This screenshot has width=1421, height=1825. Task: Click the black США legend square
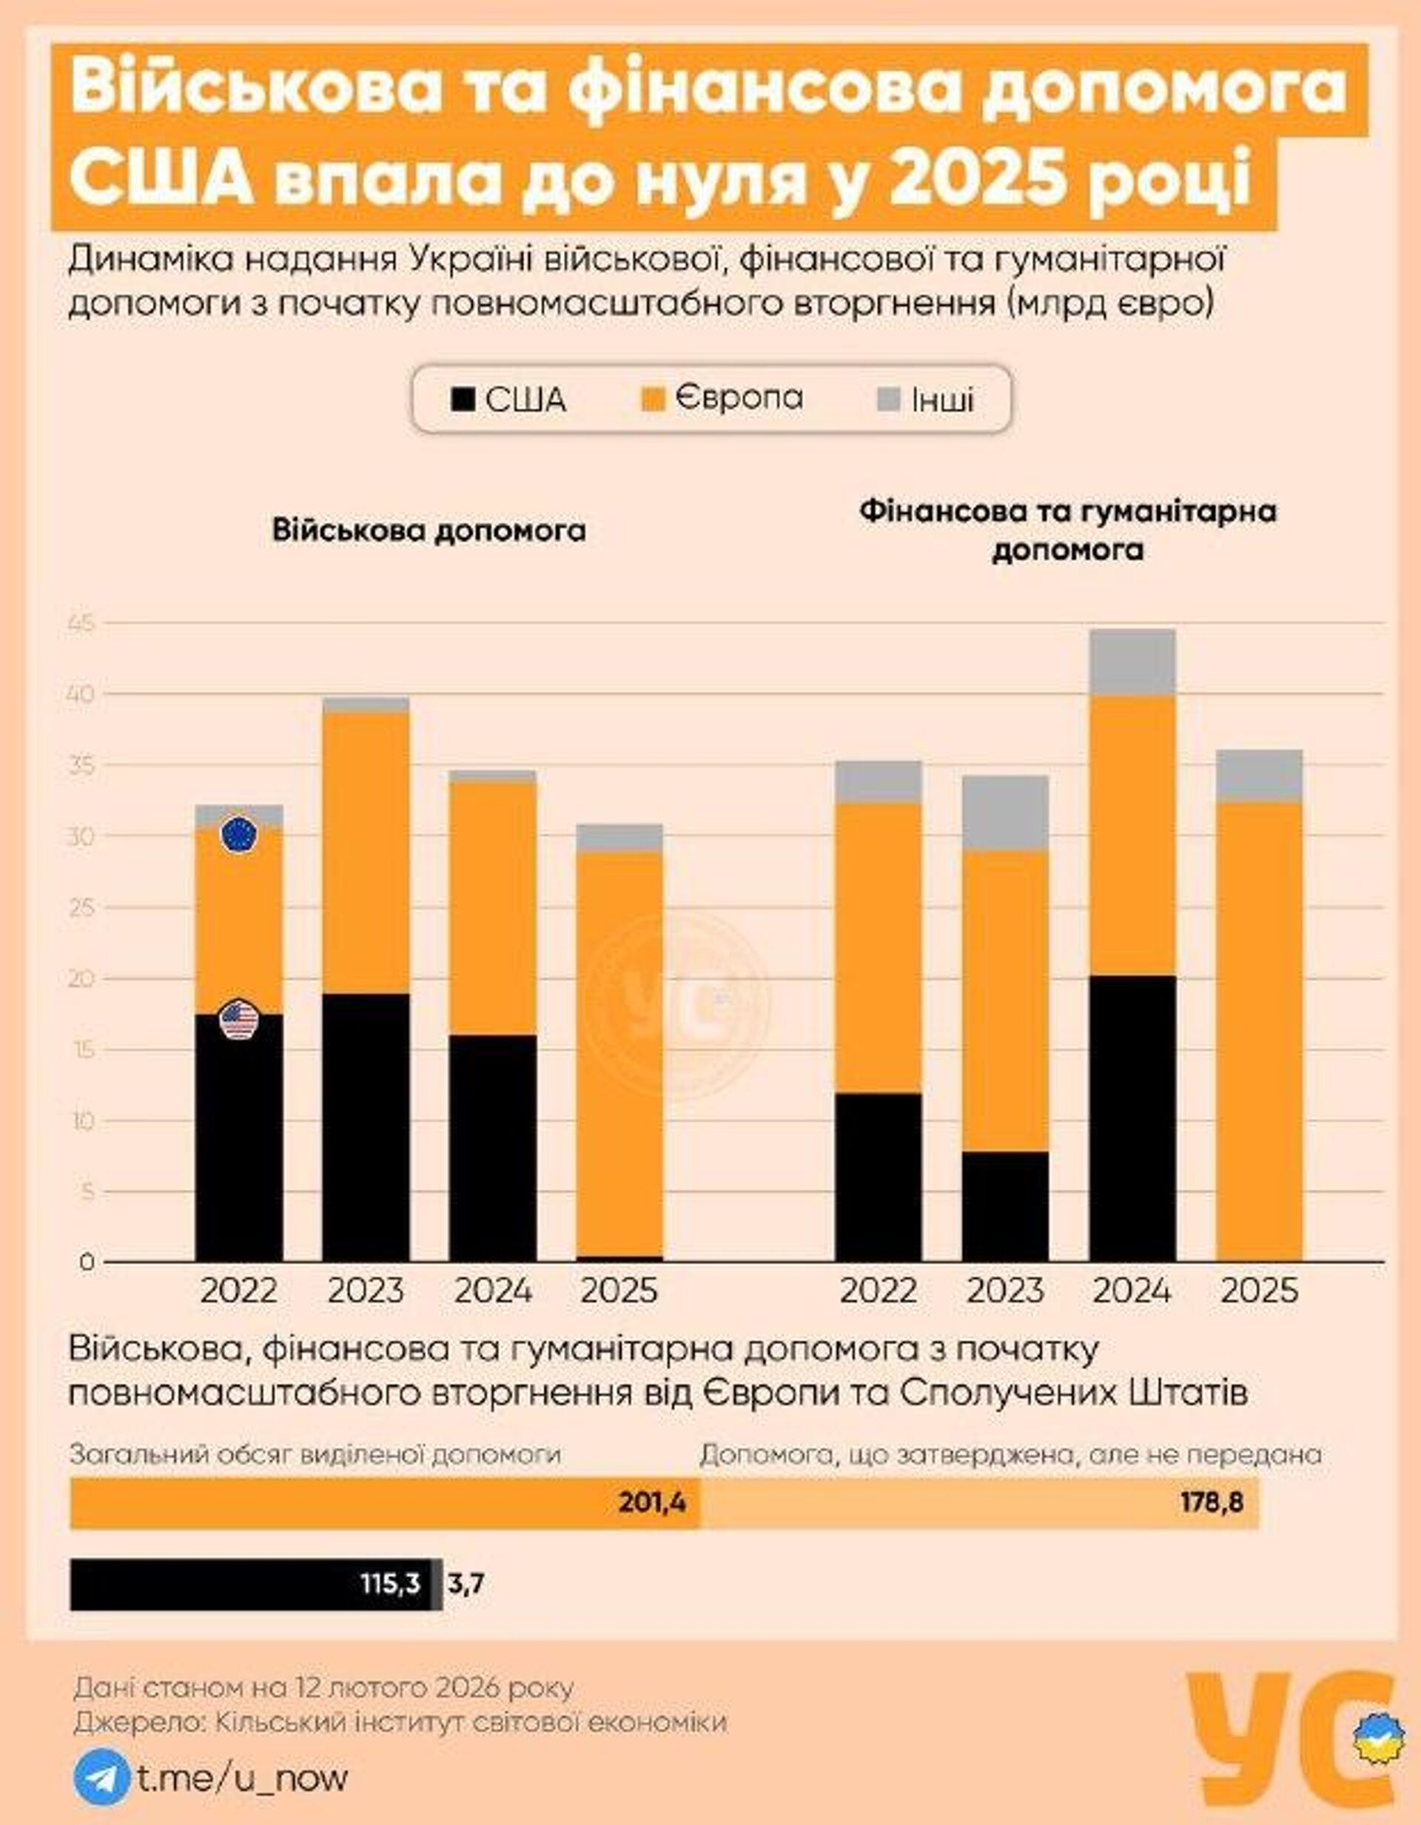[x=463, y=400]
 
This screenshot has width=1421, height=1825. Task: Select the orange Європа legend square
[x=654, y=400]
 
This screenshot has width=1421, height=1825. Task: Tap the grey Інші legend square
[x=890, y=400]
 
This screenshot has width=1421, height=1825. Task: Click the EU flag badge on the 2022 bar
[x=239, y=834]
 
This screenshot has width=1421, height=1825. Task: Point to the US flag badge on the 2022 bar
[x=239, y=1020]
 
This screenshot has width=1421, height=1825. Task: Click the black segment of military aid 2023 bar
[x=366, y=1128]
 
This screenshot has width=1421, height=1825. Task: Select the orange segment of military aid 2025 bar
[x=619, y=1053]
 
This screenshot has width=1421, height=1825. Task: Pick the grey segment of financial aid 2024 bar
[x=1132, y=662]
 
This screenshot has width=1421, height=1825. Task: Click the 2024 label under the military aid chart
[x=492, y=1291]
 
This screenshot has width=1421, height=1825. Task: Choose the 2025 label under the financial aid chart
[x=1259, y=1291]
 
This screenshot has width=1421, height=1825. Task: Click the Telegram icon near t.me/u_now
[x=101, y=1778]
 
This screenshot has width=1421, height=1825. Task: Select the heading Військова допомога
[x=428, y=531]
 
